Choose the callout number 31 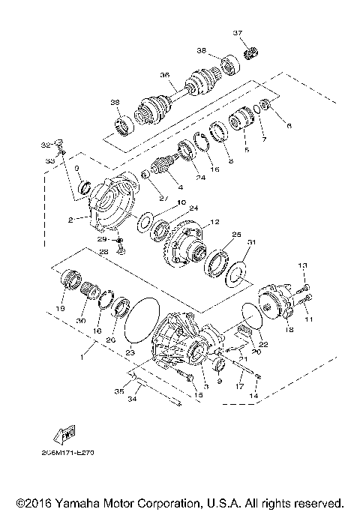(251, 241)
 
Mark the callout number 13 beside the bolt (304, 266)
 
